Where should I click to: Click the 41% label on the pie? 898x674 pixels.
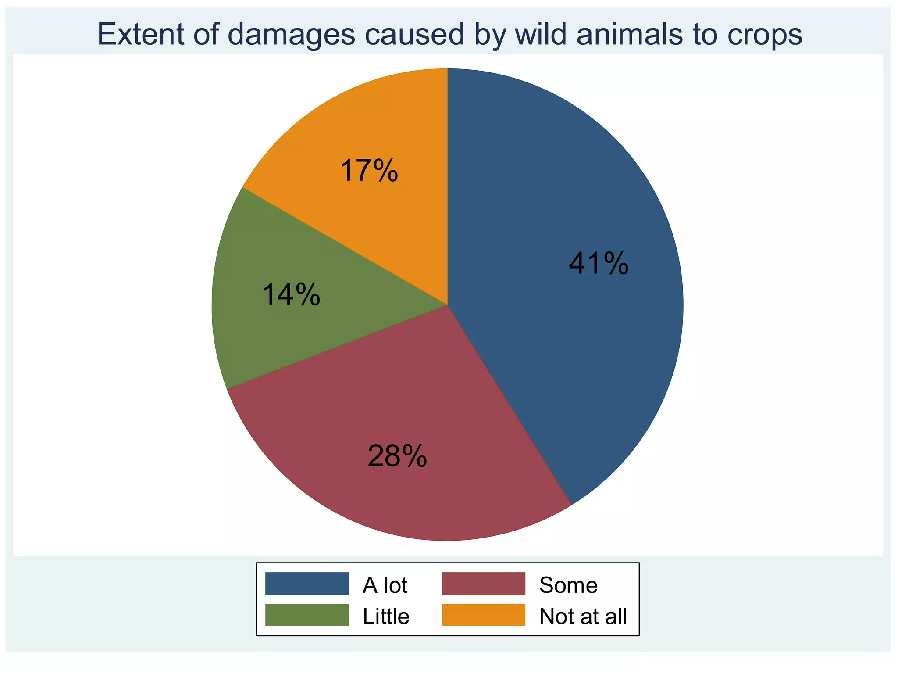(599, 264)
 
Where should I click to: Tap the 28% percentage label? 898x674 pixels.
(397, 456)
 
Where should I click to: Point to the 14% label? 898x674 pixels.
(291, 294)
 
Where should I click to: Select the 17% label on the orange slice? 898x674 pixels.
(369, 171)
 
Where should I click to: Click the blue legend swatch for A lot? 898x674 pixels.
(307, 584)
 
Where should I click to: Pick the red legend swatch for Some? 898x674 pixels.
(483, 584)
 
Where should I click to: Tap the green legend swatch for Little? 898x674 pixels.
(307, 615)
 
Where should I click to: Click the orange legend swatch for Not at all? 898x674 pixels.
(483, 615)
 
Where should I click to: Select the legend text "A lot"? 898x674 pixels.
(385, 585)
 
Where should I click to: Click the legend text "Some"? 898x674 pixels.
(568, 585)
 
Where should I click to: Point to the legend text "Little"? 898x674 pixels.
(386, 616)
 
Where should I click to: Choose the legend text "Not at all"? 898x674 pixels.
(583, 616)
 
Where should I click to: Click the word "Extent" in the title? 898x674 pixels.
(141, 34)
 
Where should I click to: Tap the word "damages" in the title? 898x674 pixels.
(292, 34)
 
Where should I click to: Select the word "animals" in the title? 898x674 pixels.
(629, 34)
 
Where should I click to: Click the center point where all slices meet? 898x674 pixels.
(448, 305)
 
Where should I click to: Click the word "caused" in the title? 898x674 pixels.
(414, 34)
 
